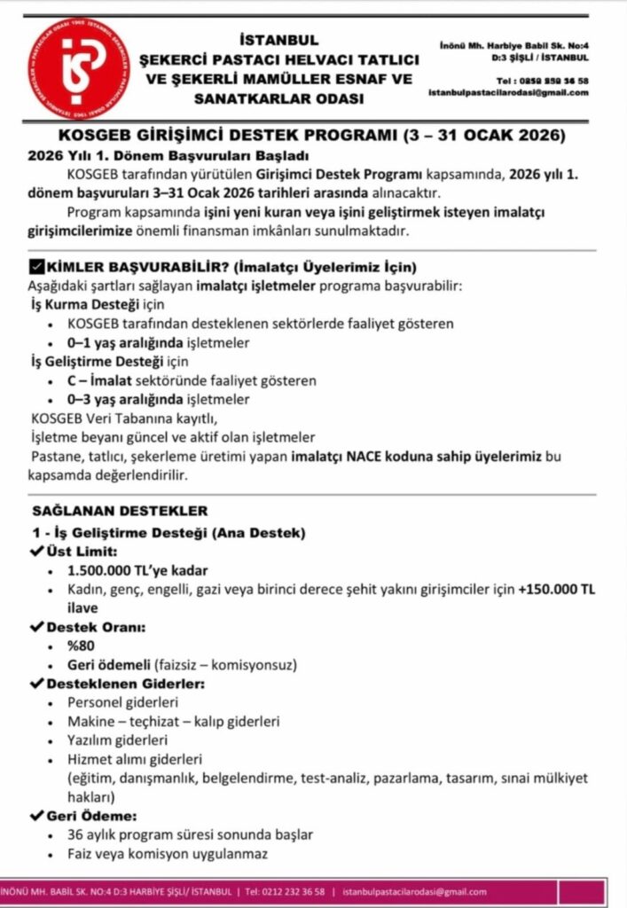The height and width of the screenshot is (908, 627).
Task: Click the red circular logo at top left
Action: [x=78, y=67]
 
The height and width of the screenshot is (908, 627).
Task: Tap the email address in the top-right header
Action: [x=508, y=92]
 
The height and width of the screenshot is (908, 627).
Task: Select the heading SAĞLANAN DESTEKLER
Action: [x=120, y=511]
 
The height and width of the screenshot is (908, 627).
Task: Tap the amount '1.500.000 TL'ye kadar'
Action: [x=137, y=570]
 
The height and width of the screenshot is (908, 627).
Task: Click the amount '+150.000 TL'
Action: [x=556, y=590]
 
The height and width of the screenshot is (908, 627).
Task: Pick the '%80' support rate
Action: [x=81, y=646]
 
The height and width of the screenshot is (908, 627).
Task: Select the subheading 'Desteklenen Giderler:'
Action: [x=126, y=684]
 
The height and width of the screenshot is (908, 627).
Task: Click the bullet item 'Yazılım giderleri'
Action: [x=117, y=740]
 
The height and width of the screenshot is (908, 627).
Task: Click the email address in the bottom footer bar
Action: [x=414, y=891]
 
